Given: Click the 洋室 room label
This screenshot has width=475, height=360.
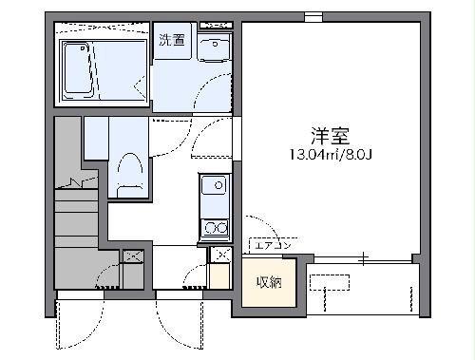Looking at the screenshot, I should point(325,134).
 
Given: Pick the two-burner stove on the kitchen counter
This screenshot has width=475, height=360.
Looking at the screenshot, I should point(215,227).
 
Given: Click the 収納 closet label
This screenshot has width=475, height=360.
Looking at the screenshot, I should point(268,282).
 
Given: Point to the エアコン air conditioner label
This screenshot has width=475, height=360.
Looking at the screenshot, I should point(270,245).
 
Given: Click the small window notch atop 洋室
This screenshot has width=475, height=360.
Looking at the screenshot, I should point(313,16).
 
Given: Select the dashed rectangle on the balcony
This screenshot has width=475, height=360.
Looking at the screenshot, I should point(330,281).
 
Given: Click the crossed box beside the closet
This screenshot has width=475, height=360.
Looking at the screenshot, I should point(221,254).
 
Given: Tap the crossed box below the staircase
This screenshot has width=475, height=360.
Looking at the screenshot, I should point(133,256).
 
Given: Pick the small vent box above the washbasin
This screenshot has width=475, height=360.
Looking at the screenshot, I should point(218,23).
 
